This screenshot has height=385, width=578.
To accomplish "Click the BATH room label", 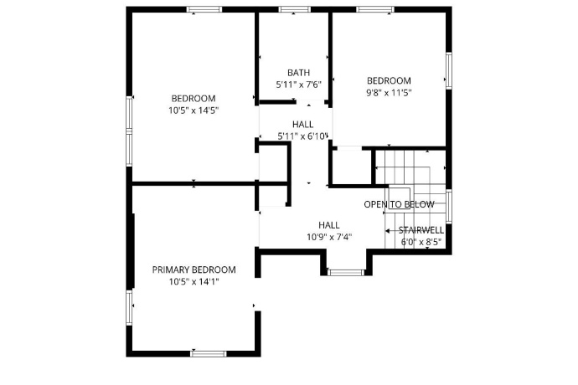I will click(298, 72).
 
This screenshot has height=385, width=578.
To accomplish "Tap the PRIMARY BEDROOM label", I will click(194, 269).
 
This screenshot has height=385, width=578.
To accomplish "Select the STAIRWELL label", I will click(421, 229).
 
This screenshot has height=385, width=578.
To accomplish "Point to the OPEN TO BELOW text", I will click(399, 205).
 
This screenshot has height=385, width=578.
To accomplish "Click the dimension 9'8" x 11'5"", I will click(389, 93).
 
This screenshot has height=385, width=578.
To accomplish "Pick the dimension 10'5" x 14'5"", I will click(194, 110).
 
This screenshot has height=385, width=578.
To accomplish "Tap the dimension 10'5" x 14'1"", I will click(194, 282).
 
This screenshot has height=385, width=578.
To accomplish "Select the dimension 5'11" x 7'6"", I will click(298, 85).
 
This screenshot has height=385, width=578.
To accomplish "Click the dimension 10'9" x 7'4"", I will click(328, 237).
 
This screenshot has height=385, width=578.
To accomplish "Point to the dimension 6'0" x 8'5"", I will click(421, 243).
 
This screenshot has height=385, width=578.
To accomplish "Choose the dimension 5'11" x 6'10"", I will click(303, 136).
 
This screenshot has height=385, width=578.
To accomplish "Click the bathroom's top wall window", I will click(293, 9).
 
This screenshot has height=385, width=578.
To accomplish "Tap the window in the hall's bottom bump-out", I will click(344, 272).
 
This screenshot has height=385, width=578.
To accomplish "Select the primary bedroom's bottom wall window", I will click(209, 353).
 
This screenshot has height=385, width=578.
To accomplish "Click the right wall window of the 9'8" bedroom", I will click(448, 70).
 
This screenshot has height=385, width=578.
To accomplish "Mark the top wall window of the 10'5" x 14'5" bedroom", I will click(204, 9).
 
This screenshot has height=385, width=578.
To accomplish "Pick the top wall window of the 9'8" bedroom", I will click(374, 9).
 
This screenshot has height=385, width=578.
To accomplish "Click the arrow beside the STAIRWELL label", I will click(390, 230).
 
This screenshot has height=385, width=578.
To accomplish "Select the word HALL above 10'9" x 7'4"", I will click(328, 224).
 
